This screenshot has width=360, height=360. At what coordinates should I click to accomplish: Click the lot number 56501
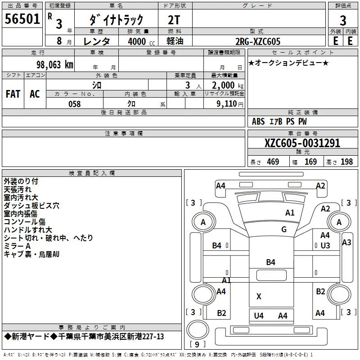point(22,18)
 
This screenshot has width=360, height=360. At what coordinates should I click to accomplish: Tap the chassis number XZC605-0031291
point(302,143)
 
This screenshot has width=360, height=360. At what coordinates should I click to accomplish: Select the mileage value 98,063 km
point(55,64)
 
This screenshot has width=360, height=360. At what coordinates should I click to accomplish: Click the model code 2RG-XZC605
point(258,41)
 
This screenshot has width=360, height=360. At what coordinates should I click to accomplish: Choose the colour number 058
point(75,104)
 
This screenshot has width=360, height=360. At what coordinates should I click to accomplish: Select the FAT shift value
point(13,94)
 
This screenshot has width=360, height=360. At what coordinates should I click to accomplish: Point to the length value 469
point(273,162)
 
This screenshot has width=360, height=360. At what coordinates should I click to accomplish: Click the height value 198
point(346,162)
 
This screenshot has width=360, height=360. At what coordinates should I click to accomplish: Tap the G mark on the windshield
point(284,229)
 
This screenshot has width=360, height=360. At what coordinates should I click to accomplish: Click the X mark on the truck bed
point(259,297)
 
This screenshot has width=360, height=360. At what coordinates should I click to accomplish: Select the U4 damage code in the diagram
point(259,316)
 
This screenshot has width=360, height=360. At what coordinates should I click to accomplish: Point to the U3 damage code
point(325,245)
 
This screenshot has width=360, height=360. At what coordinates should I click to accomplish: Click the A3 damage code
point(346,242)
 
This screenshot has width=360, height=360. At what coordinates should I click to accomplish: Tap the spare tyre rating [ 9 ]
point(197,344)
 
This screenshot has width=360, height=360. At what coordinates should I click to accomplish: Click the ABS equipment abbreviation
point(258,121)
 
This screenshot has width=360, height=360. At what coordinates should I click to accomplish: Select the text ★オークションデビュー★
point(288,63)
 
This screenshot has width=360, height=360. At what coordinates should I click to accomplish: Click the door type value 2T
point(174,20)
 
